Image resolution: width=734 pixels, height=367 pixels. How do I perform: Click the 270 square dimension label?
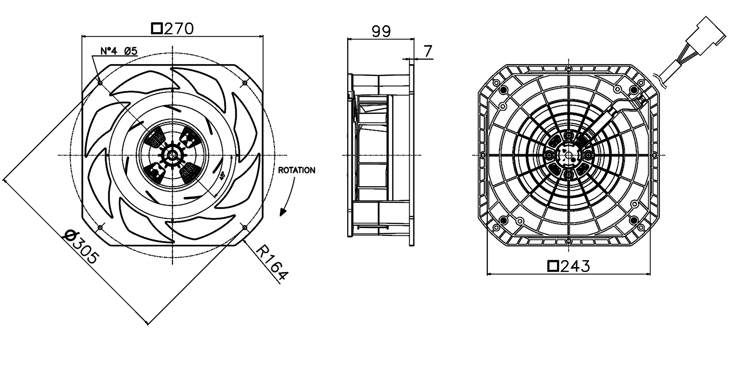(x=172, y=29)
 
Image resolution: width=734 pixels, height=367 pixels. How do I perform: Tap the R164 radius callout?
(x=272, y=263)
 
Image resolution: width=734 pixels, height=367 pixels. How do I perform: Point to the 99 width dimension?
(x=381, y=32)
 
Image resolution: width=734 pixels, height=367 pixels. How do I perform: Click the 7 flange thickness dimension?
(x=428, y=51)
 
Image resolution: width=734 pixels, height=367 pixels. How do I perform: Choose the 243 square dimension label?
(x=569, y=266)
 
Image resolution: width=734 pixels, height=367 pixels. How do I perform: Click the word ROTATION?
(x=297, y=171)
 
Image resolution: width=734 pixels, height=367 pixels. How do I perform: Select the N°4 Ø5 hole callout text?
(x=119, y=51)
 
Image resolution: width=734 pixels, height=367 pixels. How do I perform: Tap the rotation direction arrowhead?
(x=283, y=212)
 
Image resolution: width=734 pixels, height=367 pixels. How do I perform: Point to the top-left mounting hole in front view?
(x=100, y=83)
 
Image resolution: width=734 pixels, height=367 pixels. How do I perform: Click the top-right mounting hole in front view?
(x=245, y=83)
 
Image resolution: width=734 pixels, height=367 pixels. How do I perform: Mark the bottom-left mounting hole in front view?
(x=100, y=227)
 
